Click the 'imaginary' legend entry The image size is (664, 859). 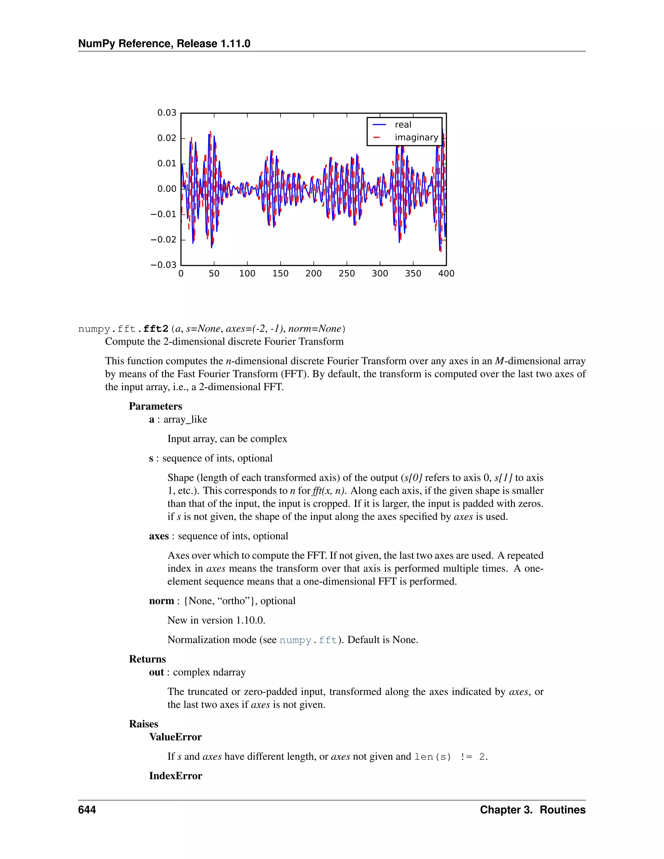coord(416,137)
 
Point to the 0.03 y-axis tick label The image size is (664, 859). coord(167,113)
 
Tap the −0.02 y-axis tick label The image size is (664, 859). coord(163,240)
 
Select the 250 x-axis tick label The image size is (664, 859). coord(347,273)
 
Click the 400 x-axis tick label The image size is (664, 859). coord(446,273)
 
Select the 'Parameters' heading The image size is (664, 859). coord(155,406)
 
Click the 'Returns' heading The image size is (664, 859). coord(148,659)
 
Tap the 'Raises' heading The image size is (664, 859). coord(144,724)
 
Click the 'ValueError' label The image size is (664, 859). coord(175,737)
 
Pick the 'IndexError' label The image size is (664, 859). coord(175,776)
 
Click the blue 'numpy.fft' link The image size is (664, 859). coord(308,640)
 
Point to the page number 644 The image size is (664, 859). coord(87,810)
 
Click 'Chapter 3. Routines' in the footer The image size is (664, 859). coord(533,810)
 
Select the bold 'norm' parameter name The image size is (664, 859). coord(161,601)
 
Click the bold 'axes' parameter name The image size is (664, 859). coord(159,536)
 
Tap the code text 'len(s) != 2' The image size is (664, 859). coord(450,757)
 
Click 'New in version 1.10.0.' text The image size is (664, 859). coord(216,620)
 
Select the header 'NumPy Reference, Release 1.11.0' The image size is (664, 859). coord(164,44)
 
